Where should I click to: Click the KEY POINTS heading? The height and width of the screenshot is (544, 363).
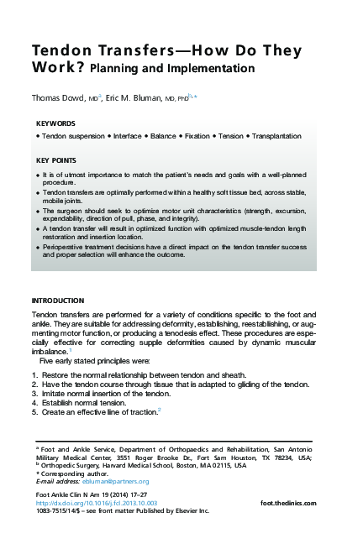click(x=57, y=160)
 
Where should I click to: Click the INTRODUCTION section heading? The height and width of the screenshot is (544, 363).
click(x=57, y=301)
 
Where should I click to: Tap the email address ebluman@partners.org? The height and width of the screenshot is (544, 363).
click(x=118, y=481)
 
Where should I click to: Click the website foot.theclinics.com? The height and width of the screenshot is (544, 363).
click(x=289, y=502)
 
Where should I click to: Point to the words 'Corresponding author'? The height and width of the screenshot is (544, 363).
click(x=71, y=473)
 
